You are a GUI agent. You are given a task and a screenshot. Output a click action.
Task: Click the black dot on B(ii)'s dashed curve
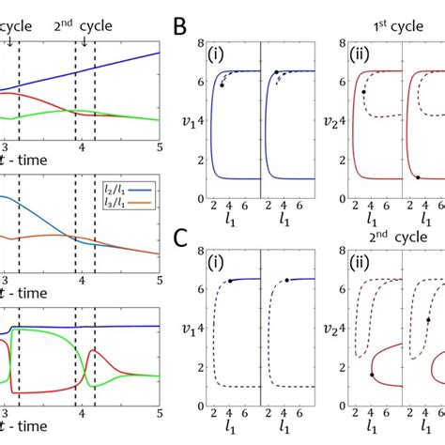coord(363,91)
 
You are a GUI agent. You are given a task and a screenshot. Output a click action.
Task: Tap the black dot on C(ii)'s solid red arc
coord(372,375)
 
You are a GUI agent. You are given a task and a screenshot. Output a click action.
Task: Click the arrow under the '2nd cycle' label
coord(84,39)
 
